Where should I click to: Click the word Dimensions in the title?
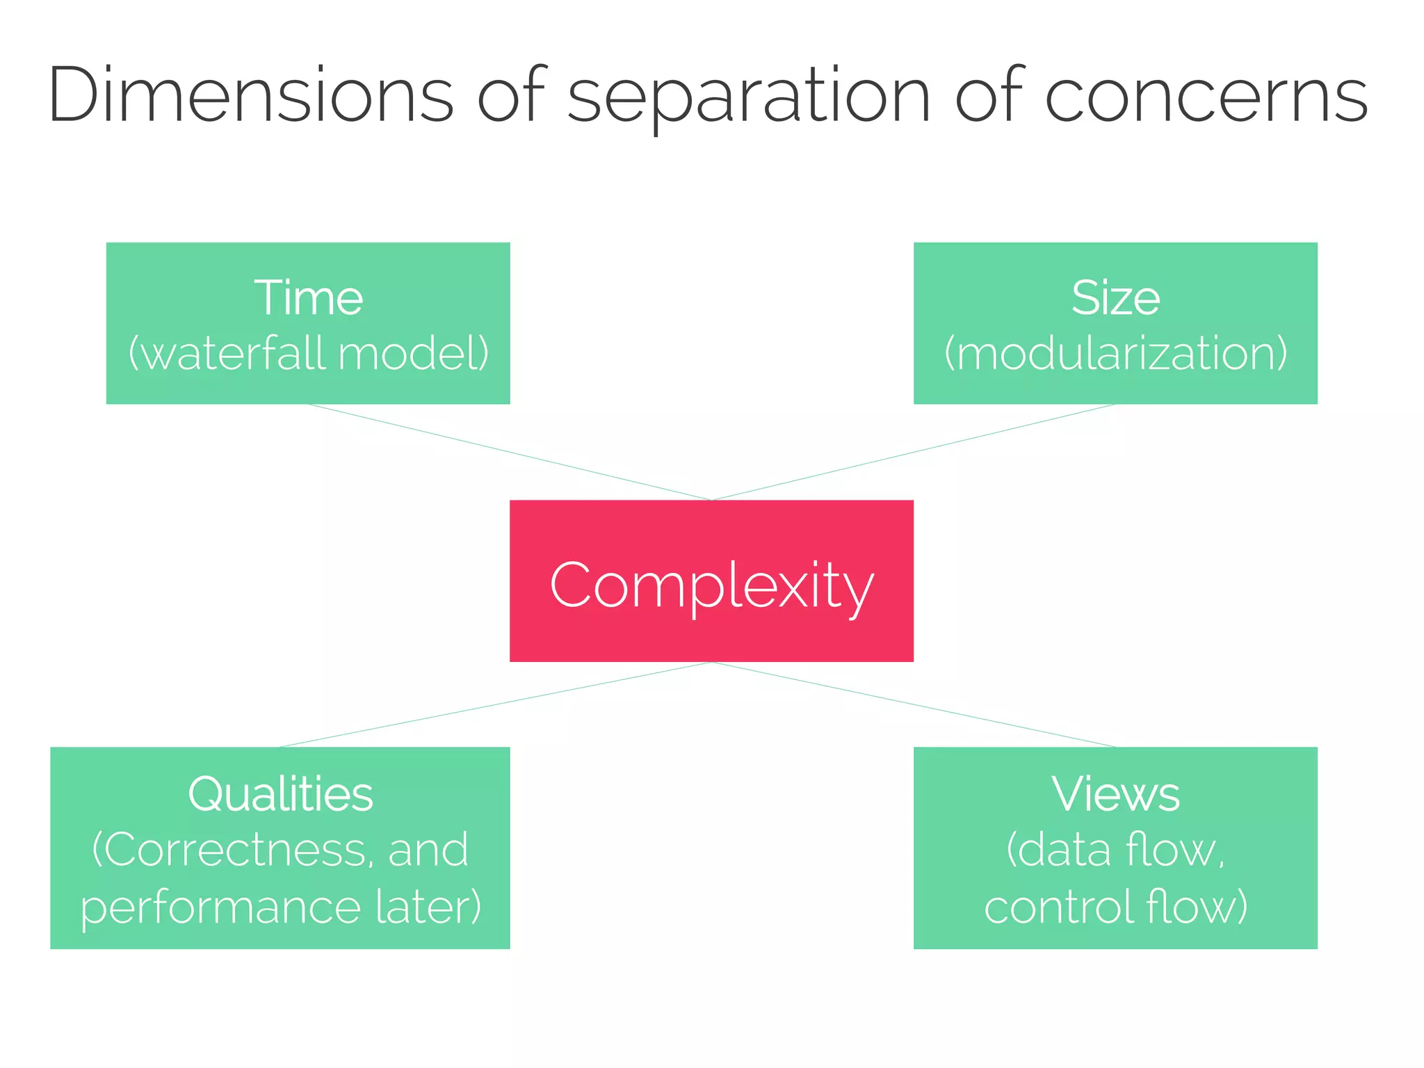(250, 95)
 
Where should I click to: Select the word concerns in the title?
(1206, 95)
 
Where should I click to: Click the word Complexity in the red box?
(711, 585)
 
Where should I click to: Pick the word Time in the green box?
(308, 298)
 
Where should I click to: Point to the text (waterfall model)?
(308, 353)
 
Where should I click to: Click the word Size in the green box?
(1115, 298)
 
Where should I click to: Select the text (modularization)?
(1115, 353)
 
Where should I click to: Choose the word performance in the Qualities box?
(220, 908)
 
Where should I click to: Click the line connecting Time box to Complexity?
(510, 452)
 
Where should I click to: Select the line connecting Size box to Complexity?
(913, 452)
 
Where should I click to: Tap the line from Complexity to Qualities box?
(495, 704)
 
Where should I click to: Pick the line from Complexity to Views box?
(913, 704)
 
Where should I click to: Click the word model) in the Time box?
(414, 353)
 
